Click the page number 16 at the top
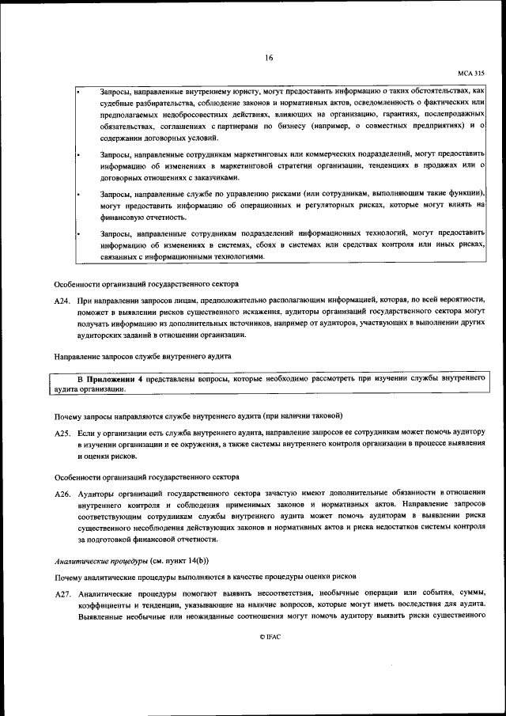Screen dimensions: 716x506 pos(269,58)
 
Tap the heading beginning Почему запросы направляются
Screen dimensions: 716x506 pos(198,416)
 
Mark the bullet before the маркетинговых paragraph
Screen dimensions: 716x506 pos(78,151)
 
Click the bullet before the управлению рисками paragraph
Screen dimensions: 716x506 pos(78,193)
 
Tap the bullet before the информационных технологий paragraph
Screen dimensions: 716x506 pos(78,233)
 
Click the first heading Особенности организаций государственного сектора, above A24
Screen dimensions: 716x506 pos(145,284)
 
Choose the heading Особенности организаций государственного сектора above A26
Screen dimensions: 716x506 pos(145,477)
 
